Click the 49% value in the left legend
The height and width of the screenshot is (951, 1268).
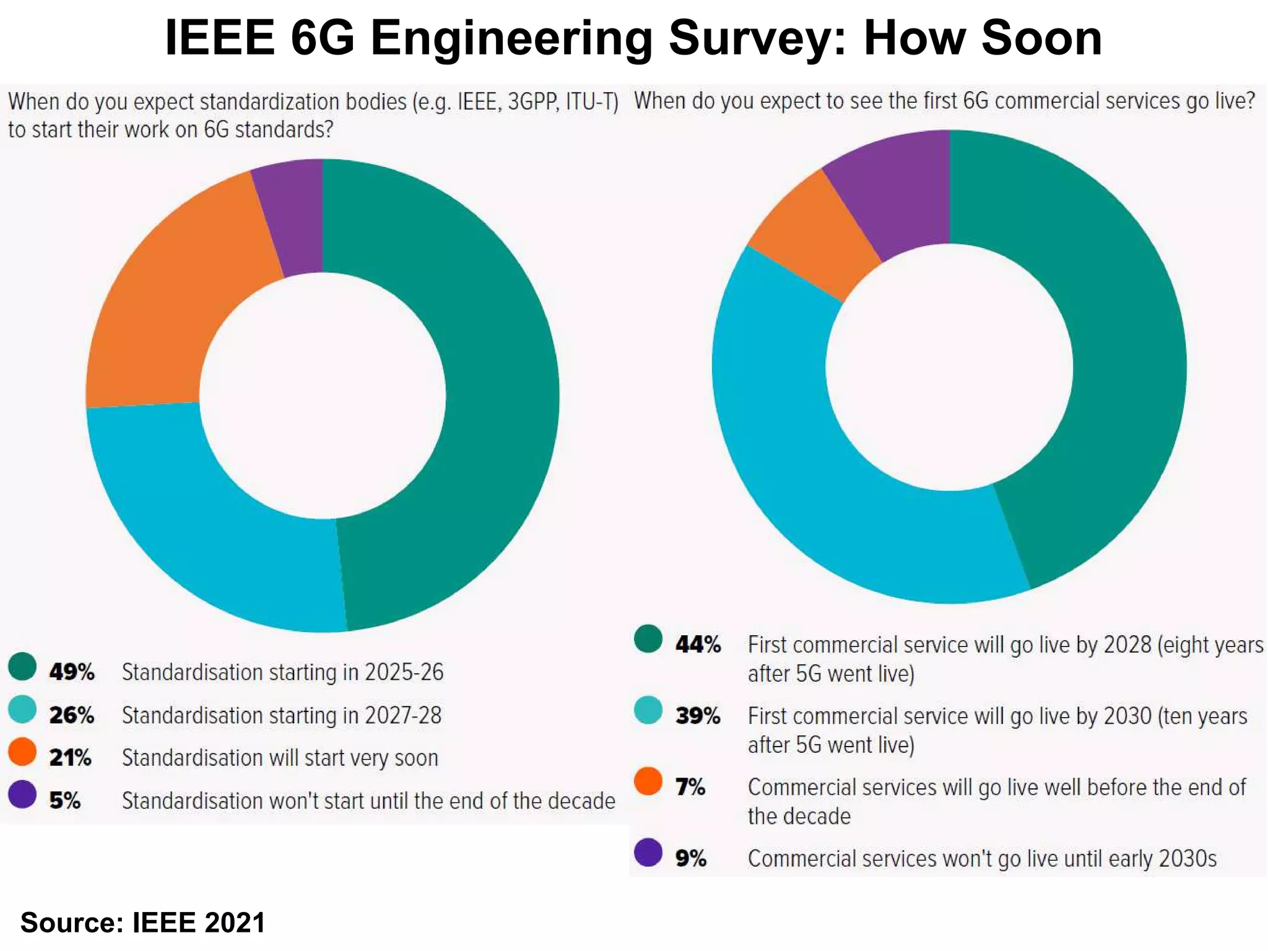72,672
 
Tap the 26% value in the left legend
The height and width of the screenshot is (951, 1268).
72,715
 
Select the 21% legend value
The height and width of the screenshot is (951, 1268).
70,758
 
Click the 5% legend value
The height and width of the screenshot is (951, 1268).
64,801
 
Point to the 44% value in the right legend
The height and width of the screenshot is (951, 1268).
698,645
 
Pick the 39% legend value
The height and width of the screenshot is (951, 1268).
698,716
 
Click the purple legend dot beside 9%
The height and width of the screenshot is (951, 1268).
648,853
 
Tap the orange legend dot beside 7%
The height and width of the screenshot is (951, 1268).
648,781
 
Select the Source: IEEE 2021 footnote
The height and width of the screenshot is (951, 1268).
143,923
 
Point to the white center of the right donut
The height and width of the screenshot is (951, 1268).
949,367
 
